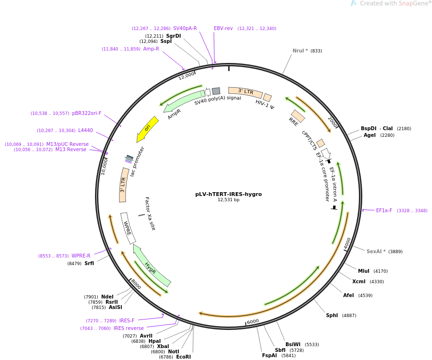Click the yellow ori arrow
point(147,129)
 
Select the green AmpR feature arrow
point(183,101)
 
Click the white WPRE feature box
point(128,228)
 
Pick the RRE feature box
point(298,116)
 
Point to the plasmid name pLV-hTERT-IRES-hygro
point(228,194)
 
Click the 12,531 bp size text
point(228,200)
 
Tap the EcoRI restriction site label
point(183,357)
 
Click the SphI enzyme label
point(332,315)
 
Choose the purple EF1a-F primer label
point(384,211)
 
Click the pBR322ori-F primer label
point(87,113)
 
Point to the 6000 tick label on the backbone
point(253,321)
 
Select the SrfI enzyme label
point(89,263)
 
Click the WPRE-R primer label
point(81,256)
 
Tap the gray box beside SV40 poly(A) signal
point(216,91)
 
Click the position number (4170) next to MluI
point(380,271)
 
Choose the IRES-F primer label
point(126,320)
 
